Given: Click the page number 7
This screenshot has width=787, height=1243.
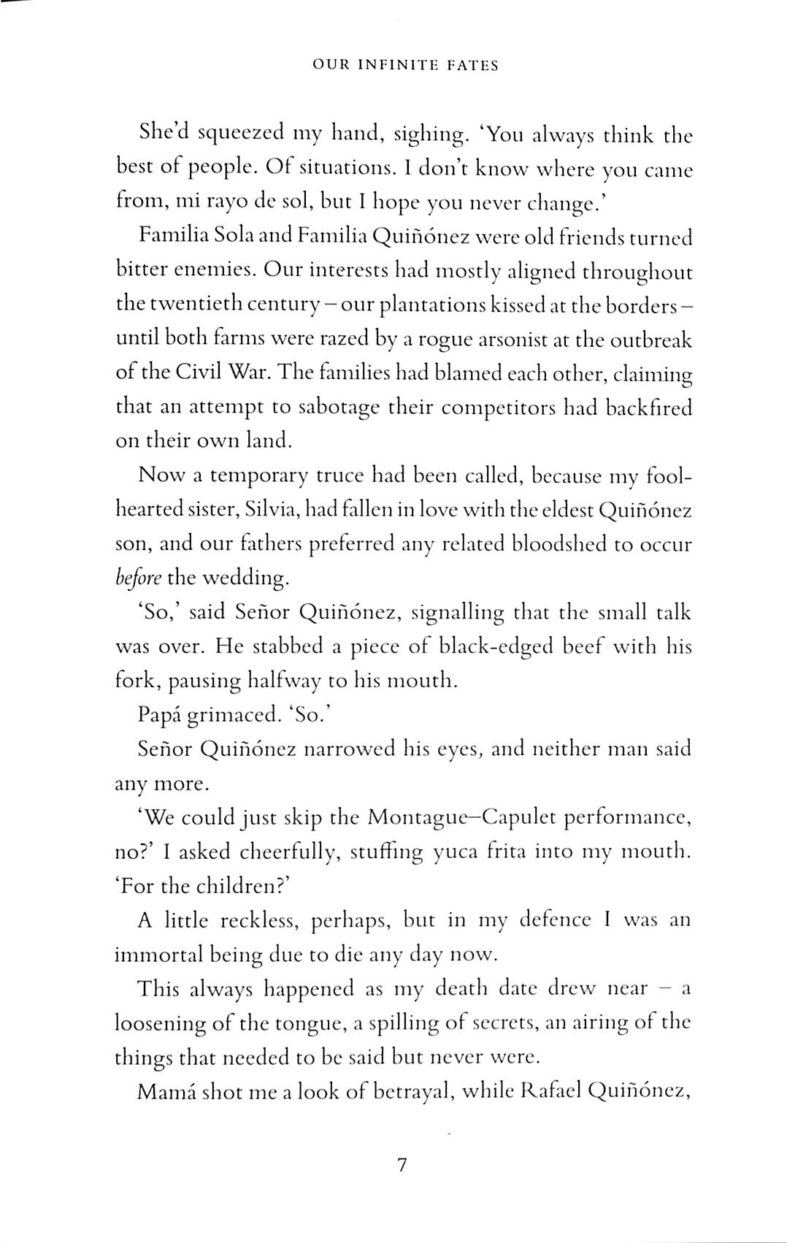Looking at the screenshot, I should pos(401,1165).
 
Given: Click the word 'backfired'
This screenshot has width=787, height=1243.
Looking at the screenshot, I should pos(648,407).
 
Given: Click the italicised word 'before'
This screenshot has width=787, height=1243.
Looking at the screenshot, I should pos(138,578).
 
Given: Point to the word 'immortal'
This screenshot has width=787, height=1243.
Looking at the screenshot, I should pos(158,954).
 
